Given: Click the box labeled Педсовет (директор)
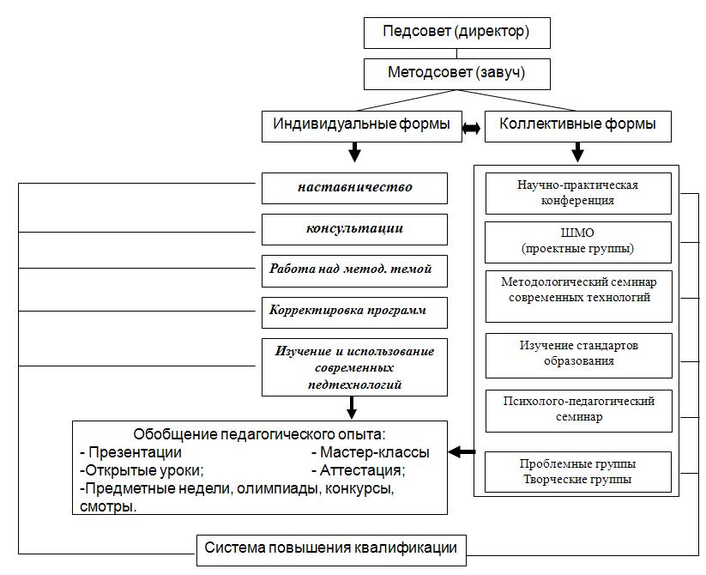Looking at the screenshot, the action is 457,33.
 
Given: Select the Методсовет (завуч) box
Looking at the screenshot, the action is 457,74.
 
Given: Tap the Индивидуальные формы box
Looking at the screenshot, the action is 362,126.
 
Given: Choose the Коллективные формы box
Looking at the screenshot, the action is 578,126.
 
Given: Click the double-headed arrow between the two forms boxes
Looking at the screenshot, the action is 472,129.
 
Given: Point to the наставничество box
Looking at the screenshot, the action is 355,188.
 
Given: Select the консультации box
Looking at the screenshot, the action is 355,230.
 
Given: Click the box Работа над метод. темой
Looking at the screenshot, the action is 355,271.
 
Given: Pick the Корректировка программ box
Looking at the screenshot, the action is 355,312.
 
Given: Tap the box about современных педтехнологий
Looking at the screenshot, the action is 355,367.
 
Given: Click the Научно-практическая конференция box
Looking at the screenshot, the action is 578,194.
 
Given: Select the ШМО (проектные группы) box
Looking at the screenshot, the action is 578,242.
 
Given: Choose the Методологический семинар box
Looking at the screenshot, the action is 579,297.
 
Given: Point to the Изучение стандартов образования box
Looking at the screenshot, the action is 579,355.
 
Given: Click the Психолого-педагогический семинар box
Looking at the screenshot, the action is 579,411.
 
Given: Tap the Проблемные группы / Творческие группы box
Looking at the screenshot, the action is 578,472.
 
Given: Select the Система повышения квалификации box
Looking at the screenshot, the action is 331,551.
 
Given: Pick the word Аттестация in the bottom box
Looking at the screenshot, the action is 361,470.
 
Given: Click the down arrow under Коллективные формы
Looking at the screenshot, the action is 577,152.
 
